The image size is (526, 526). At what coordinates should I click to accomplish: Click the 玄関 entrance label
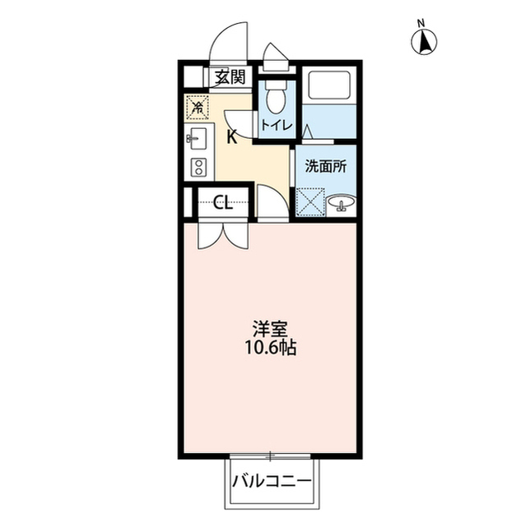230,78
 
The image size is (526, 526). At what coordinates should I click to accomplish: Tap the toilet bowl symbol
276,97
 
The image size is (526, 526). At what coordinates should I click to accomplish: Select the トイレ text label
277,125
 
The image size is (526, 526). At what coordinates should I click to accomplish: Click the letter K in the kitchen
231,137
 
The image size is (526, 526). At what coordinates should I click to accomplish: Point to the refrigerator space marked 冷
198,108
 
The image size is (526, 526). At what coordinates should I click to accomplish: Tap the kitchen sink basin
198,139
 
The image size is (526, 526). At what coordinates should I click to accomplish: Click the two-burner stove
198,167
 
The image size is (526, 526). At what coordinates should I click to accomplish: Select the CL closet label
223,202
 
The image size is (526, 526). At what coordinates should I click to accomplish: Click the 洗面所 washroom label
326,166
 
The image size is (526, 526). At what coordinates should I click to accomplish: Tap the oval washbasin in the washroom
342,202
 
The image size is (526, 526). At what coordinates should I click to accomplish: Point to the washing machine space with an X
310,202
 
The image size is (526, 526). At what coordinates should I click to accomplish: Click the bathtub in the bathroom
328,85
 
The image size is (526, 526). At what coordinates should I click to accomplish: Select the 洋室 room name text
270,330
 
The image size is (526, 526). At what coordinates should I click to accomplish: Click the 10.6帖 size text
270,348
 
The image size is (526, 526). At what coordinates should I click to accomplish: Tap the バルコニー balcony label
272,482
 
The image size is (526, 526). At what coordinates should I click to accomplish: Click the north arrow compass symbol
424,42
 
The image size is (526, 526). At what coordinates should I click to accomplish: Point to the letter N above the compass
421,23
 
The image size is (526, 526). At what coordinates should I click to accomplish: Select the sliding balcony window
270,456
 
